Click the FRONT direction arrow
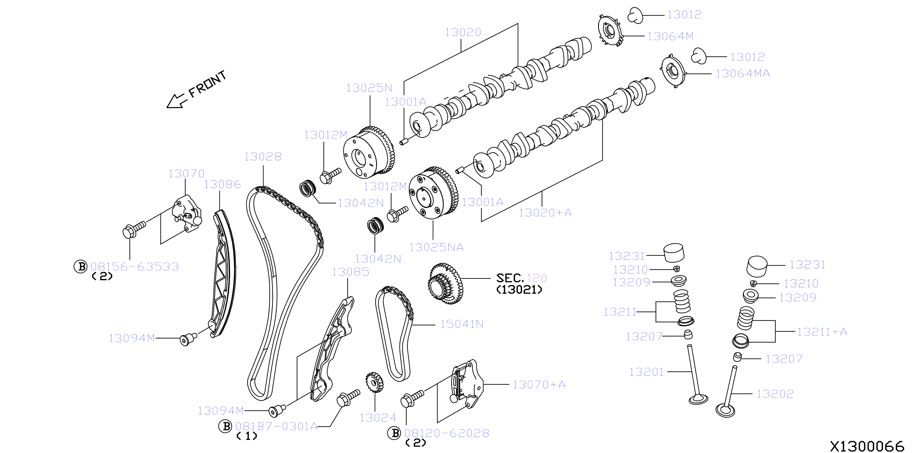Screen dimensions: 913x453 [176, 100]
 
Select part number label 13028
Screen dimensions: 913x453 [263, 156]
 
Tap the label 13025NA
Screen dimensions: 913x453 [436, 247]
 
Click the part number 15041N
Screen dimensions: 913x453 [462, 324]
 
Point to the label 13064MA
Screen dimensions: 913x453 [742, 74]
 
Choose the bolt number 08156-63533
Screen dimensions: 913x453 [135, 266]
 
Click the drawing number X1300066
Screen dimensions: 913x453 [867, 446]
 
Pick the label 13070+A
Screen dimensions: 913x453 [539, 384]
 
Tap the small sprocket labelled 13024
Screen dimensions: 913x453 [374, 382]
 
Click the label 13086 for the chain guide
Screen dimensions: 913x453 [222, 184]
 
